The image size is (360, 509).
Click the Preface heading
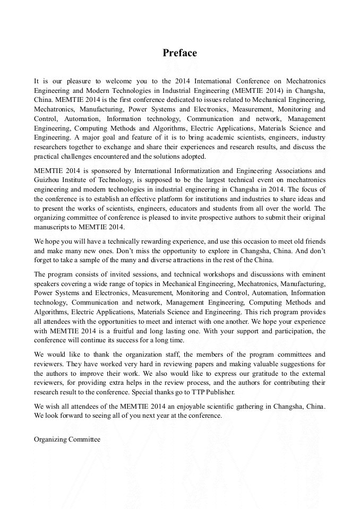coord(179,53)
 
